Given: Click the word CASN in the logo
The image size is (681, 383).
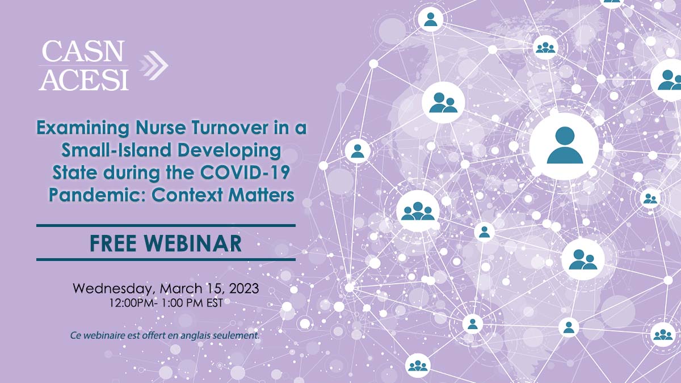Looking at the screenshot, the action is tap(83, 51).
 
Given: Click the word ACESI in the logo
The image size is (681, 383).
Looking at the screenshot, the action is tap(83, 79).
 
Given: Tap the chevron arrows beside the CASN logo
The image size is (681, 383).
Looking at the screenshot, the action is tap(154, 65).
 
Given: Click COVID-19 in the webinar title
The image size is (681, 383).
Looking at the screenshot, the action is tap(244, 172).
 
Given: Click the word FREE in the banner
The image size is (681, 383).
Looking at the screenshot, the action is tap(113, 243).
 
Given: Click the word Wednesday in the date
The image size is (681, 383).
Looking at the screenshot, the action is tap(112, 289).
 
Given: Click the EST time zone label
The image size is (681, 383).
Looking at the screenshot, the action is tap(215, 303).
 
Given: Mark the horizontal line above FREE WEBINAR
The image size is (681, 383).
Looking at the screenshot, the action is tap(166, 226).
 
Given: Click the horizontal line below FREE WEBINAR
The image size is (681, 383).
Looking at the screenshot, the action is tap(166, 259).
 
